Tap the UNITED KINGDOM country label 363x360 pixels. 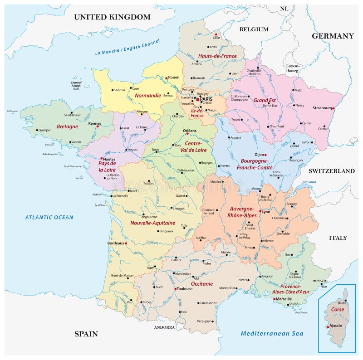112,17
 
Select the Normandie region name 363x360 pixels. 147,96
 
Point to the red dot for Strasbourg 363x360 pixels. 334,108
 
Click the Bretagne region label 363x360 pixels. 67,126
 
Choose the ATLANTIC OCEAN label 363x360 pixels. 49,217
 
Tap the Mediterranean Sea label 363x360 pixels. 272,334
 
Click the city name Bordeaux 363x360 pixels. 115,243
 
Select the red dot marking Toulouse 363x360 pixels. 176,289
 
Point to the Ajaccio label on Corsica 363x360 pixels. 336,326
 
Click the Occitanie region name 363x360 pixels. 202,284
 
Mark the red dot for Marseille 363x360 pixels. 274,299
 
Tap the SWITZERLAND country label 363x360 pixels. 332,171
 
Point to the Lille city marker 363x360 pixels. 216,34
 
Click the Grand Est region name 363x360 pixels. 265,100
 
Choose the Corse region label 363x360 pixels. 337,309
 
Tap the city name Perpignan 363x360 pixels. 205,321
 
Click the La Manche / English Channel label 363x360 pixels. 128,47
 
